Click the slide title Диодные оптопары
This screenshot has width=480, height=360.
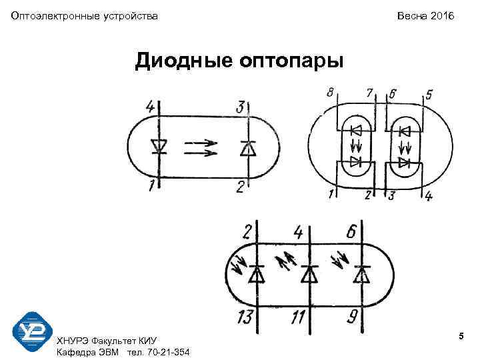(239, 61)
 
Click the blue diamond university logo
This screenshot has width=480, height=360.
(33, 331)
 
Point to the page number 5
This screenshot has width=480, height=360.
(461, 339)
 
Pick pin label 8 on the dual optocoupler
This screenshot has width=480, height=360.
(329, 93)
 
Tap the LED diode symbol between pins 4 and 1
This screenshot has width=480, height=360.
(159, 146)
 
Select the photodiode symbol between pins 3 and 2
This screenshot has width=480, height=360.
(248, 147)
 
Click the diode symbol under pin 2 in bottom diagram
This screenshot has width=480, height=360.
(256, 273)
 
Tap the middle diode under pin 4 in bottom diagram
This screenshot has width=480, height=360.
(309, 273)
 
